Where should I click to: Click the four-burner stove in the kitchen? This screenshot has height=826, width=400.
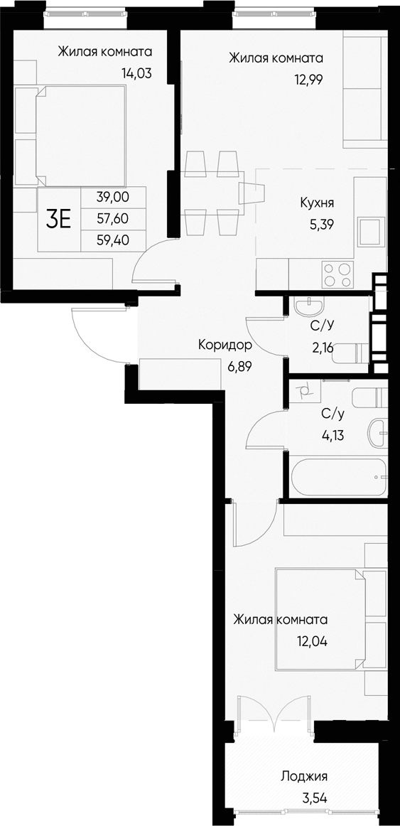(337, 274)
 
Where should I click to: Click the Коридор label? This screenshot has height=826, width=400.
(225, 346)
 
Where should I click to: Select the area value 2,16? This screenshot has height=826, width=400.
(323, 349)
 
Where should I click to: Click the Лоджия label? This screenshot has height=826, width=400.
(304, 777)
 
